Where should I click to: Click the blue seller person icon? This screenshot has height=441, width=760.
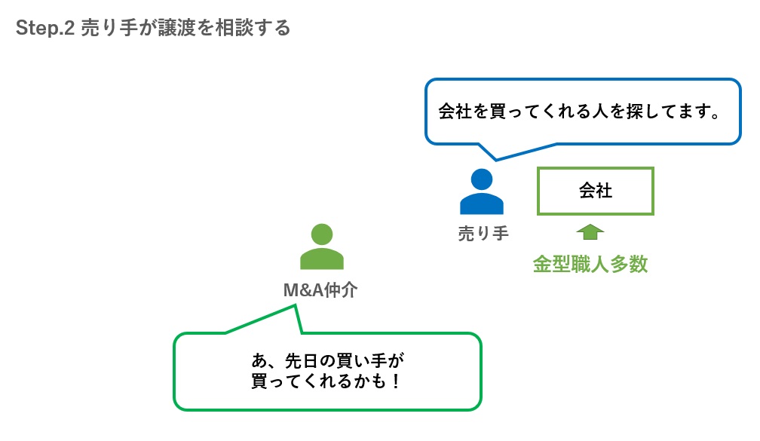tap(481, 192)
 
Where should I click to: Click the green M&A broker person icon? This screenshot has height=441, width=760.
tap(322, 247)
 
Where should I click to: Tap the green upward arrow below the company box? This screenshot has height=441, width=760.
tap(590, 231)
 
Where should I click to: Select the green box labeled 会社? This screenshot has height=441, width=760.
tap(595, 191)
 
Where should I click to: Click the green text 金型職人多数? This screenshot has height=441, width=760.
tap(590, 265)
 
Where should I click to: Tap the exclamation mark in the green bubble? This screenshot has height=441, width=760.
tap(395, 381)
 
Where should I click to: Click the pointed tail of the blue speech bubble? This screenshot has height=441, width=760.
tap(493, 156)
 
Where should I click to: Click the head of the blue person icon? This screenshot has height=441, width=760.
tap(481, 179)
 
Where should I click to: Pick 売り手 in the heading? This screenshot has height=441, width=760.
tap(109, 29)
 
